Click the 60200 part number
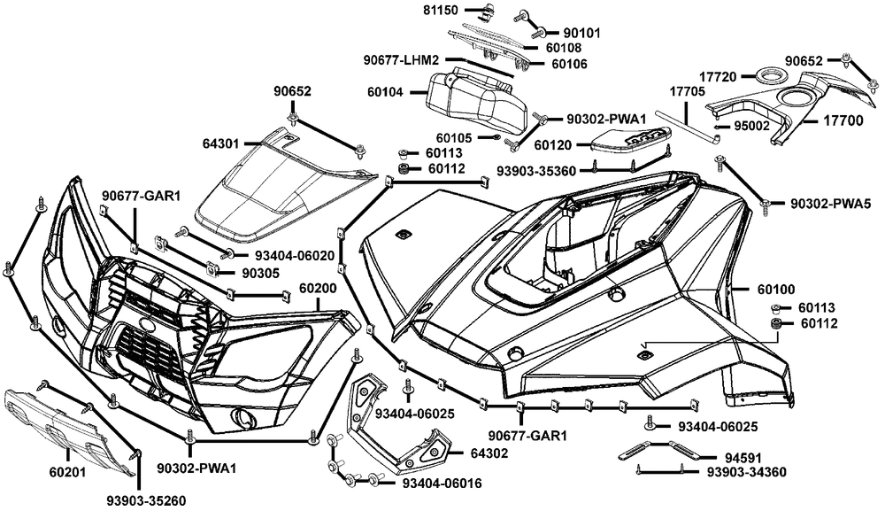(318, 288)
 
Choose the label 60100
(776, 289)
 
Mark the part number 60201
(66, 472)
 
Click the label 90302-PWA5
(829, 204)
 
